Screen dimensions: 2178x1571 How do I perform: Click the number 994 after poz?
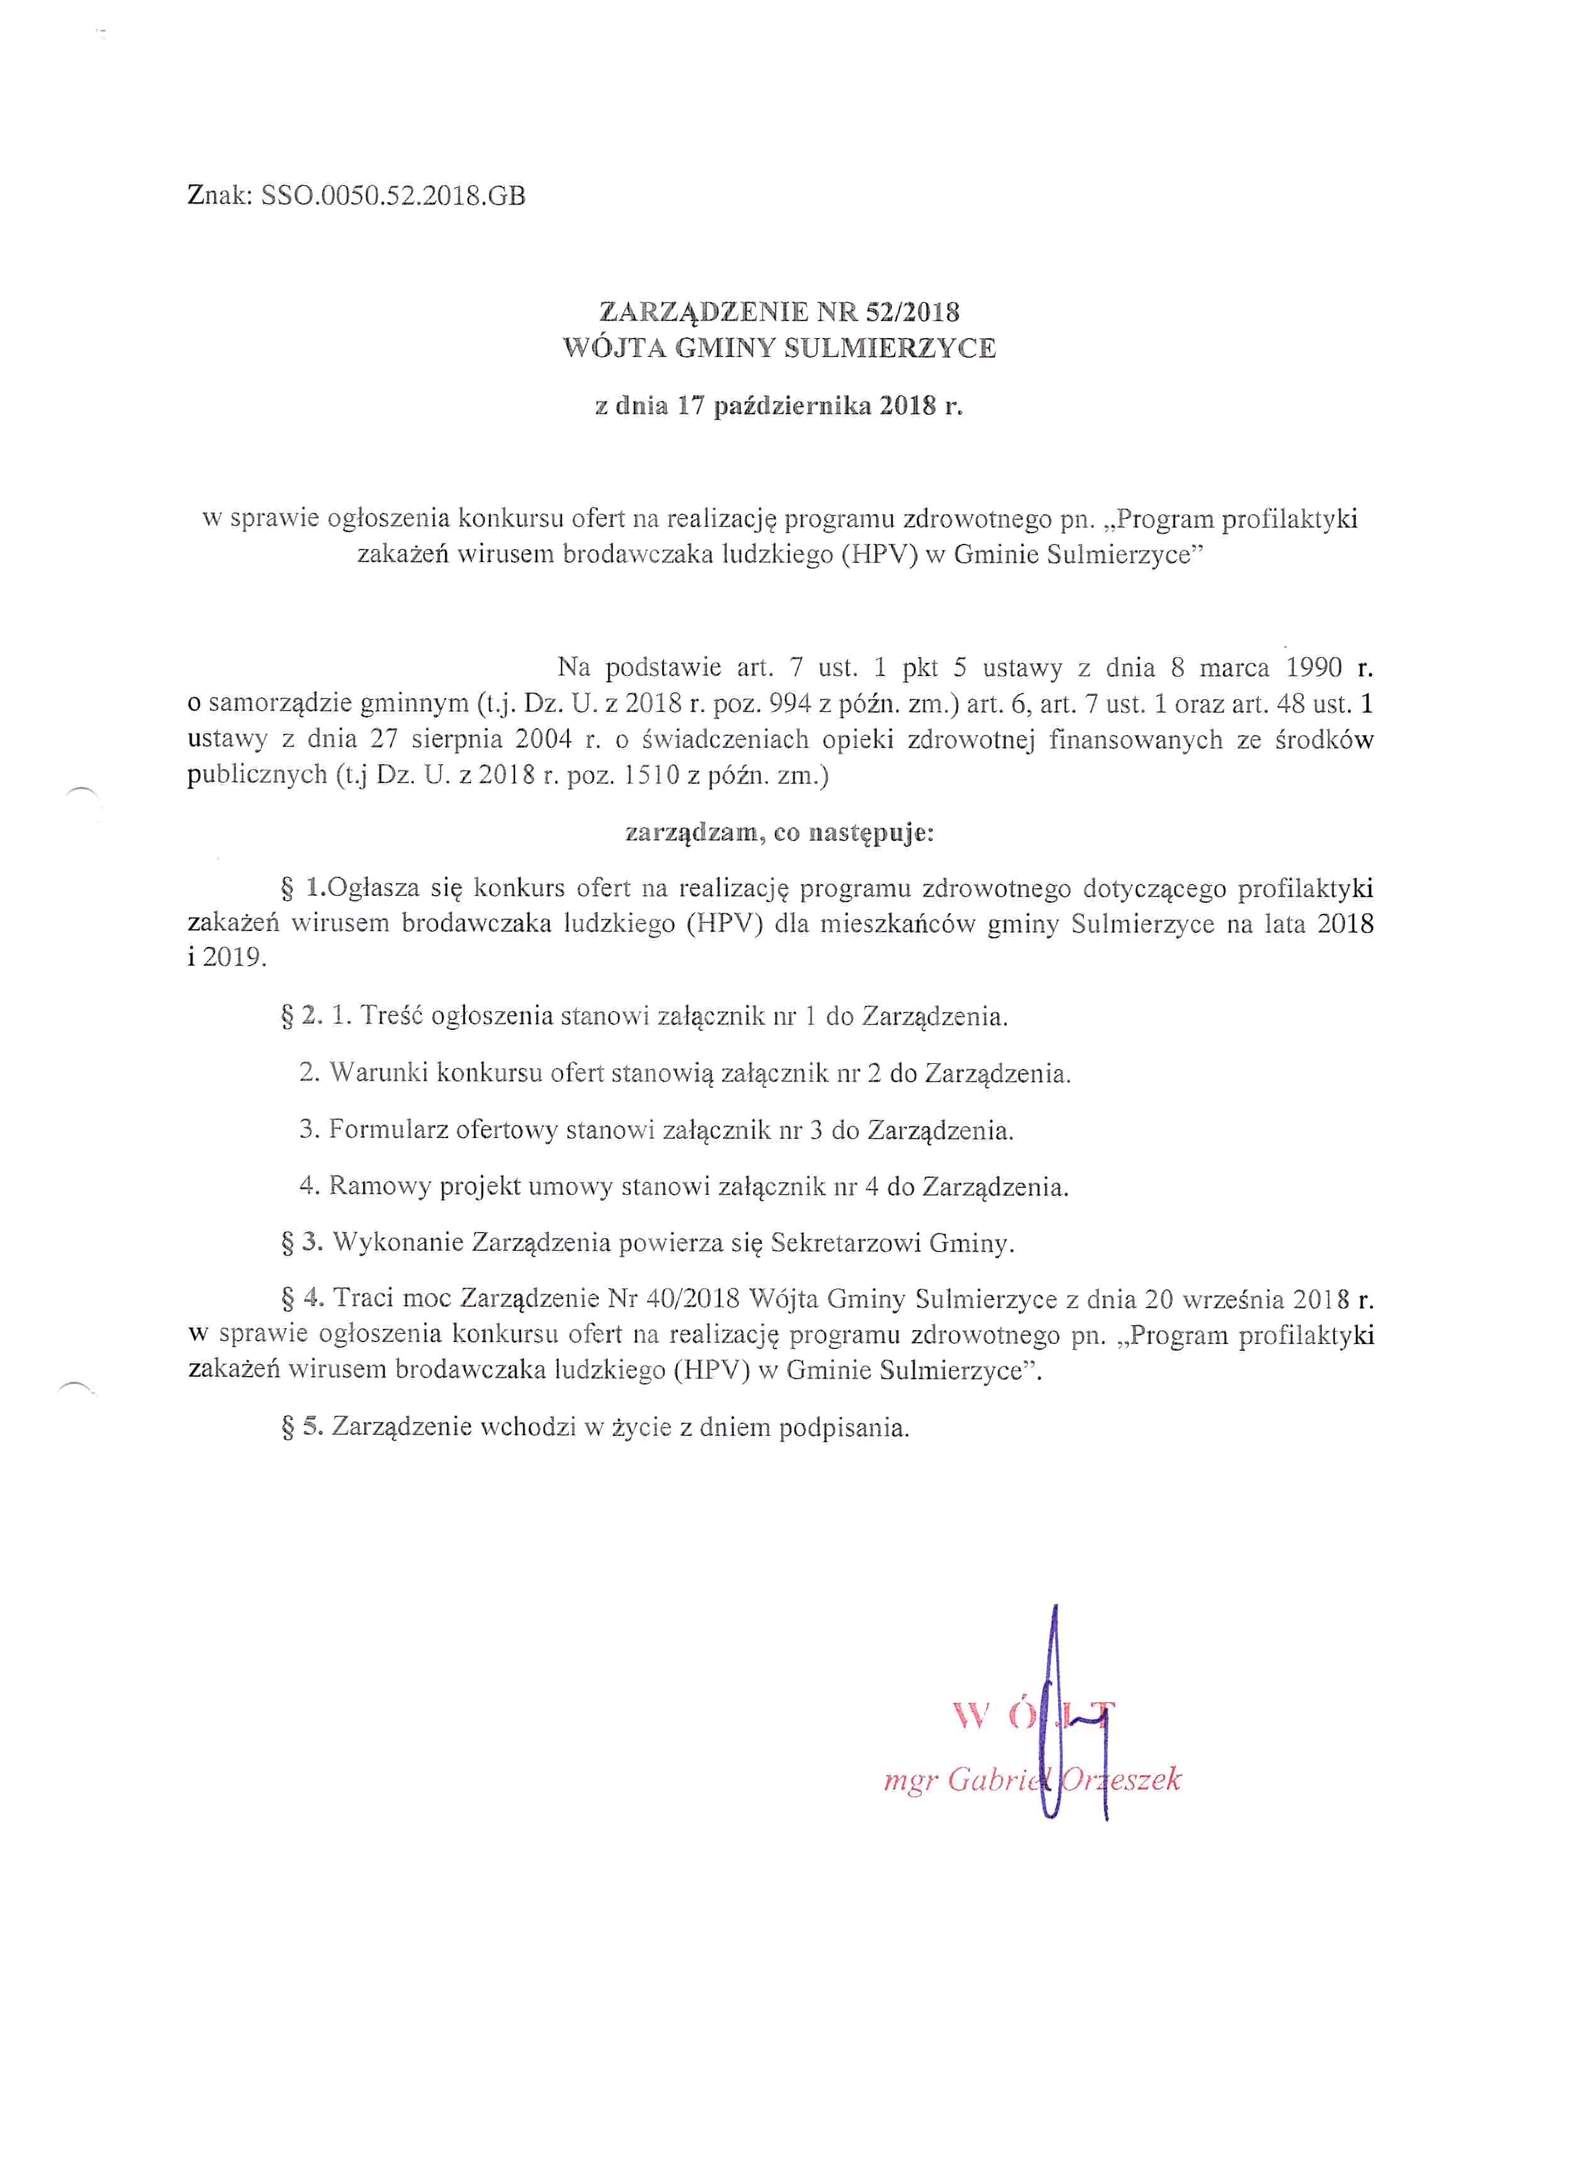(x=789, y=704)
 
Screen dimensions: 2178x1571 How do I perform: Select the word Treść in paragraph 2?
(x=391, y=1016)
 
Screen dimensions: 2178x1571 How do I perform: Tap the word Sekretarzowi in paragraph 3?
(x=845, y=1244)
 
